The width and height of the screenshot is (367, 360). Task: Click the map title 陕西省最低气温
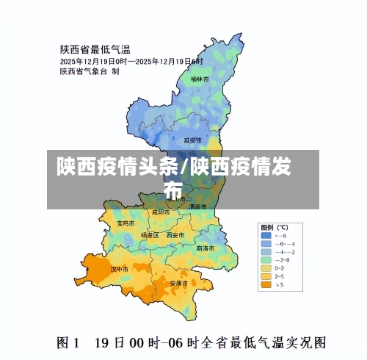[x=95, y=50]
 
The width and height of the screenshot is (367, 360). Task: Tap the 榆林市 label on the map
[x=200, y=78]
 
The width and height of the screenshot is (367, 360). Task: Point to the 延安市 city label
[x=192, y=140]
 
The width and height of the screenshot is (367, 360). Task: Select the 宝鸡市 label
[x=126, y=222]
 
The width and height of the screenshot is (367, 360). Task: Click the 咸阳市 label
[x=161, y=212]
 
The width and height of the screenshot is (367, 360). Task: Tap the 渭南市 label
[x=197, y=207]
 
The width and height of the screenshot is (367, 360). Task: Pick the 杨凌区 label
[x=149, y=235]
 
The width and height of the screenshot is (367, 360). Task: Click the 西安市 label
[x=175, y=235]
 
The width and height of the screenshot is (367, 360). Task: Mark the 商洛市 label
[x=206, y=248]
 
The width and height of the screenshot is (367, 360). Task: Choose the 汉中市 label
[x=120, y=269]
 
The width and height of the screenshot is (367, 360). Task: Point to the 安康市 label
[x=179, y=283]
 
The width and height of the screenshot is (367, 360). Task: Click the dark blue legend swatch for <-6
[x=265, y=235]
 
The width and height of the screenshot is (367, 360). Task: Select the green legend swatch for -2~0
[x=265, y=259]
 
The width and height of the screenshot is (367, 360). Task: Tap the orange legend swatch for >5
[x=265, y=284]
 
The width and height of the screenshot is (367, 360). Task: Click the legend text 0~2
[x=281, y=267]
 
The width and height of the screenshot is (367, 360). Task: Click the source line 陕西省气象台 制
[x=90, y=71]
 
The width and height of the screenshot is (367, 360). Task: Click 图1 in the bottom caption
[x=70, y=342]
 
